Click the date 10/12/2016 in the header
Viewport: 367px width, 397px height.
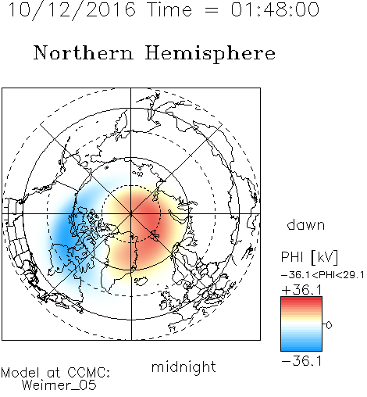(x=72, y=10)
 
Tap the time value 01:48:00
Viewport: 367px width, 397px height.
(x=275, y=9)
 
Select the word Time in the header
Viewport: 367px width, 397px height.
(x=169, y=9)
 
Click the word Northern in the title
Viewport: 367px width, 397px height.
(x=84, y=52)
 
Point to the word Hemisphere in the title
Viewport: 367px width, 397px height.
(x=210, y=54)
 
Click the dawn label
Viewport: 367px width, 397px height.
(x=306, y=224)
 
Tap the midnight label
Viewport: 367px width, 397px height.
(x=183, y=367)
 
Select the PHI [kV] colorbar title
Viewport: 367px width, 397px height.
(x=309, y=257)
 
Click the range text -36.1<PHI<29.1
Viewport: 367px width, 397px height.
(x=322, y=275)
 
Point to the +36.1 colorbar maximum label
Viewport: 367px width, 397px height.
(x=301, y=290)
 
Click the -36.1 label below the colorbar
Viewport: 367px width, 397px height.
(x=301, y=361)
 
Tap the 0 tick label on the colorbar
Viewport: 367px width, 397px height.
(x=329, y=325)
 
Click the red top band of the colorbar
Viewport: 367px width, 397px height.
(x=301, y=300)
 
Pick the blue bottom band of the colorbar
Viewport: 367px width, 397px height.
(x=301, y=348)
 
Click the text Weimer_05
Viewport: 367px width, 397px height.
(x=59, y=385)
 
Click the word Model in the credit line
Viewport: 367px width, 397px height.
(x=20, y=373)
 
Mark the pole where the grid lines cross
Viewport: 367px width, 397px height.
(x=131, y=213)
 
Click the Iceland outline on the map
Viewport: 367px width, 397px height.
(x=141, y=281)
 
